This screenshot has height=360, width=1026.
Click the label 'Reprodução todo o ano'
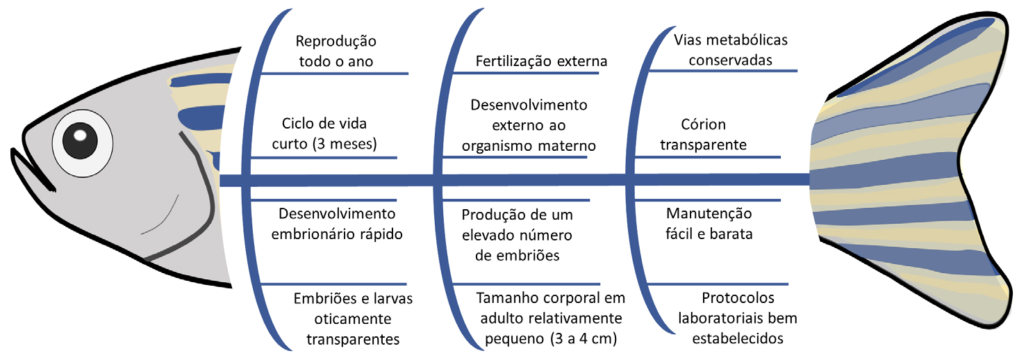(336, 51)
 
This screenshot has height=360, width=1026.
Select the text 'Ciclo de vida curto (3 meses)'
(324, 133)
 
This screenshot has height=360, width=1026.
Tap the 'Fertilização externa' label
(541, 61)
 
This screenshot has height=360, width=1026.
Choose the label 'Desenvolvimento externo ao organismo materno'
(529, 126)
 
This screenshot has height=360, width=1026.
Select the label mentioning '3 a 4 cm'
(547, 319)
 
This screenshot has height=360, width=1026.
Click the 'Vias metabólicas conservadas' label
(730, 49)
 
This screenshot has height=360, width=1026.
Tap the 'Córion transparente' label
(703, 135)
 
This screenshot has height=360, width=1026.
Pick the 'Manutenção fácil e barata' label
(709, 223)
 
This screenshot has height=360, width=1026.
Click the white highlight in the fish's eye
(81, 133)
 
